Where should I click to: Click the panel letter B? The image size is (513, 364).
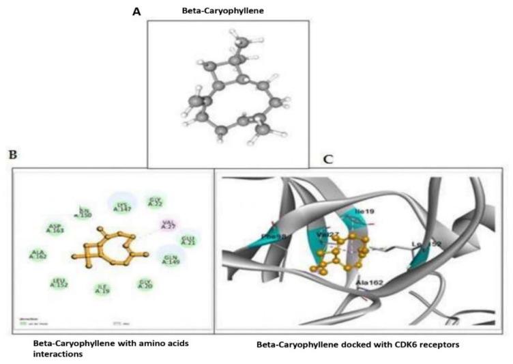[x=12, y=155]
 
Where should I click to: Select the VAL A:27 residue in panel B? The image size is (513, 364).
[x=167, y=224]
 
